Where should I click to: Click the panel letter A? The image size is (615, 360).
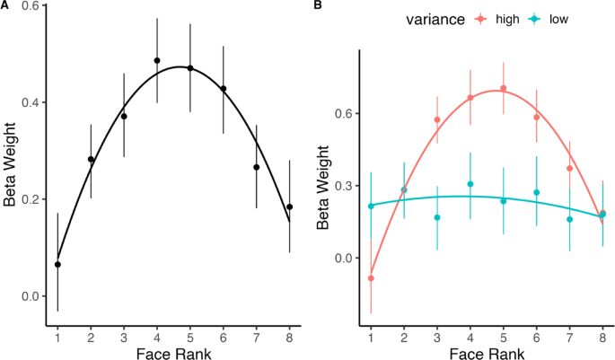(x=5, y=6)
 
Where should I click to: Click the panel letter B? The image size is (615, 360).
(x=317, y=6)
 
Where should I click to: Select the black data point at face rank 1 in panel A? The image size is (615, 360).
(x=57, y=264)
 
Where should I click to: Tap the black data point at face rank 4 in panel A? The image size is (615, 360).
(x=157, y=61)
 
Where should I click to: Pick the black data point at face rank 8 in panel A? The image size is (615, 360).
(x=289, y=206)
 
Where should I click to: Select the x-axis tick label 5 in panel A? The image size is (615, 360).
(x=189, y=335)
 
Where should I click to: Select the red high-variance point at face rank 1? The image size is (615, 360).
(x=371, y=278)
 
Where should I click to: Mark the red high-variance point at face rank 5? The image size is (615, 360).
(x=503, y=88)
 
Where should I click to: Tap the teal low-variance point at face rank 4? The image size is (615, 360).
(x=470, y=184)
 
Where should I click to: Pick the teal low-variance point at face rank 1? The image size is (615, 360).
(x=371, y=206)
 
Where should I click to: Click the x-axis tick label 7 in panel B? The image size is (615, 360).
(x=569, y=335)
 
